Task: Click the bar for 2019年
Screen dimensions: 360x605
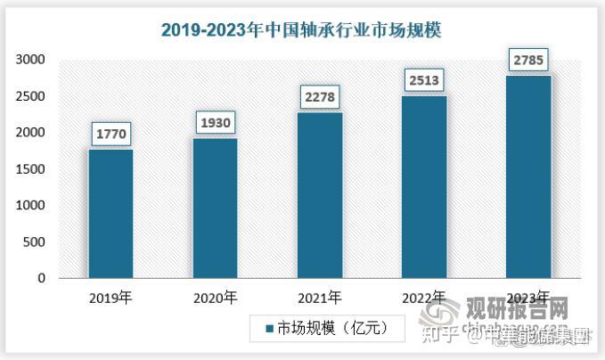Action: coord(110,214)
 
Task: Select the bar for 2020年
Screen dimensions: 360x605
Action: coord(215,209)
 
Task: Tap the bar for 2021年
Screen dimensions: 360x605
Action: coord(319,195)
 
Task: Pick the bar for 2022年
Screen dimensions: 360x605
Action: coord(423,187)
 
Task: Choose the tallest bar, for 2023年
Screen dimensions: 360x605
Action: coord(527,177)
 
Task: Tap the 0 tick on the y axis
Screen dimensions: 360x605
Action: coord(41,279)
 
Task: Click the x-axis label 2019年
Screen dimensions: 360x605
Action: coord(110,297)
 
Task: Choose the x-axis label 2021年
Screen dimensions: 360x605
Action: coord(319,297)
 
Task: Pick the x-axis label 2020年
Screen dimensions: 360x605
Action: coord(215,297)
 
